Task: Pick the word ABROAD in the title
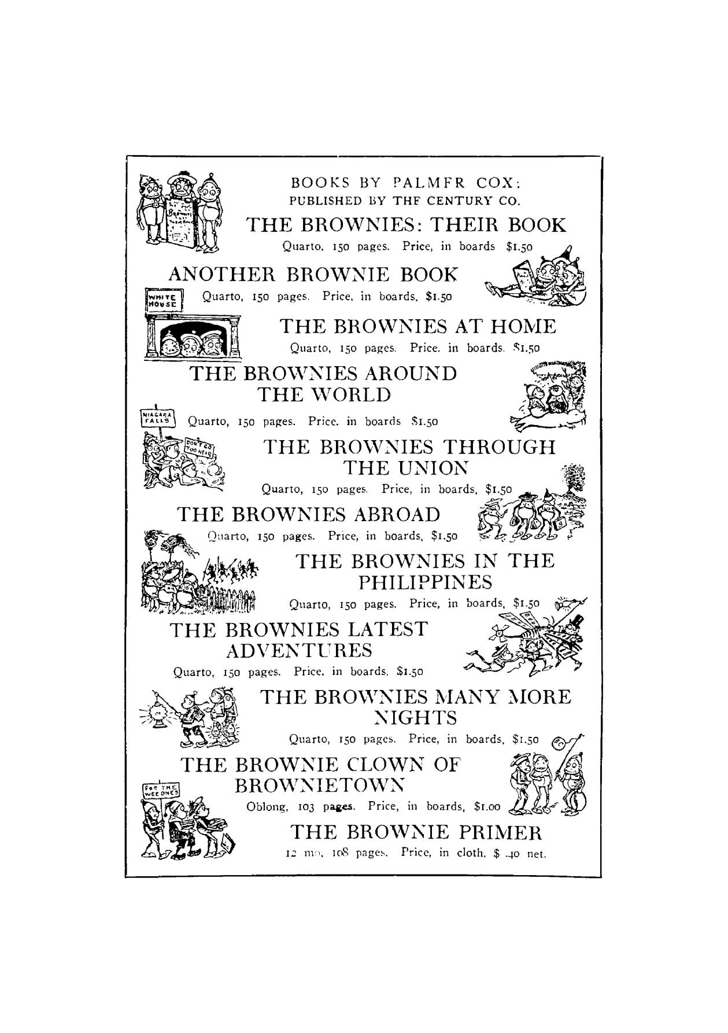coord(397,514)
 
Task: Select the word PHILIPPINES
coord(425,582)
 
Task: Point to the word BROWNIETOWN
coord(318,785)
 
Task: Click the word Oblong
coord(267,806)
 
